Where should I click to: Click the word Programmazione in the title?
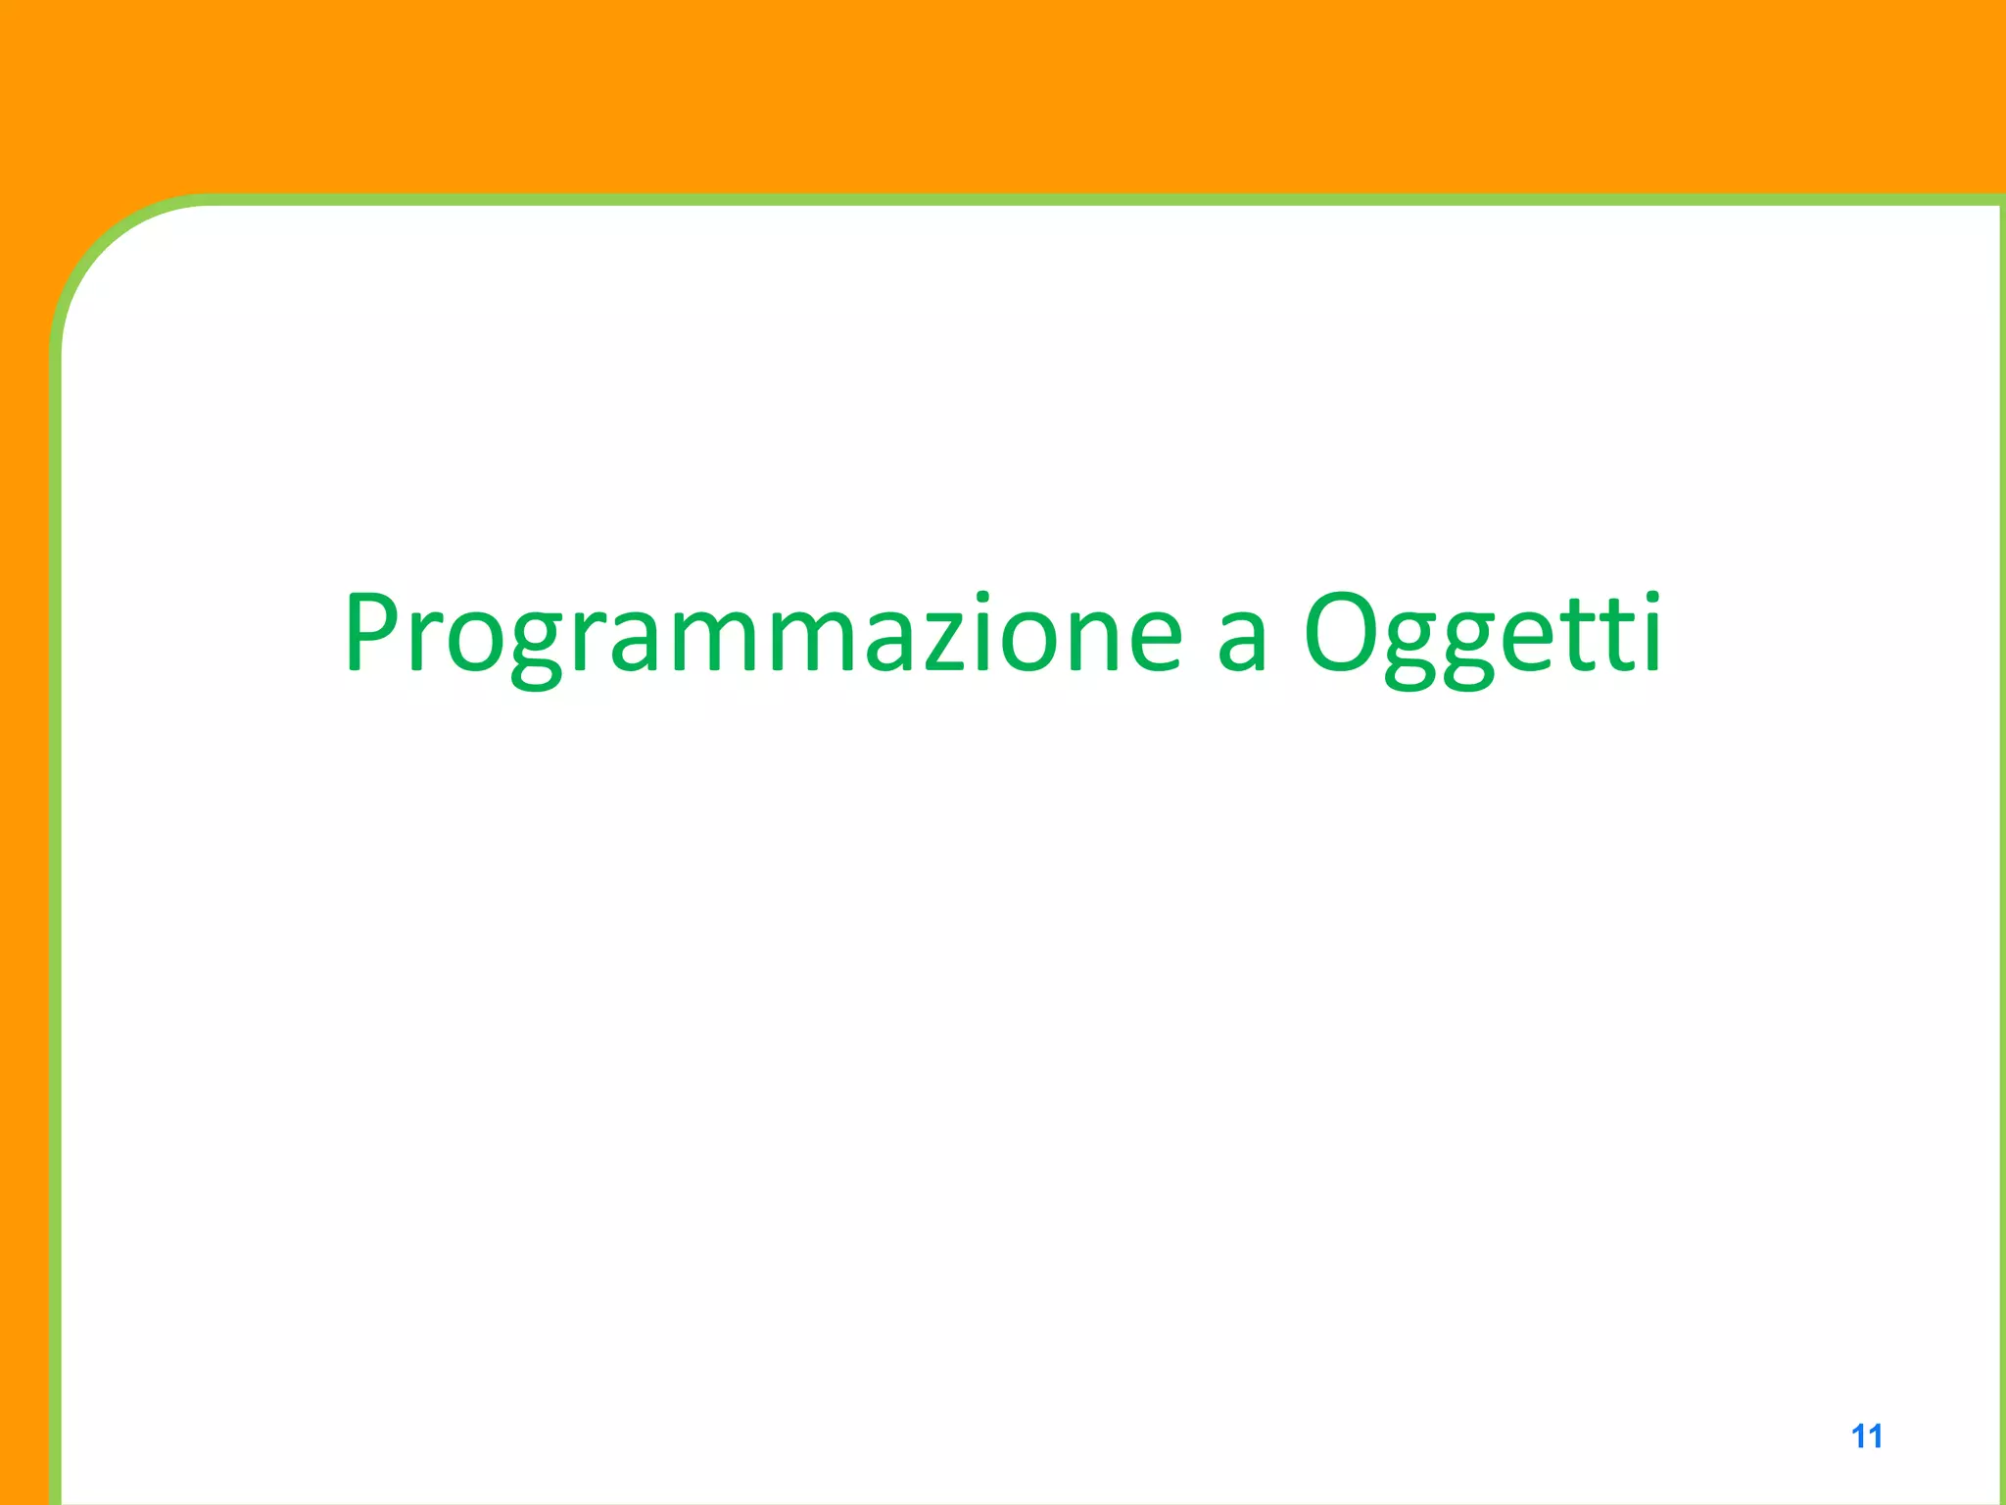(763, 635)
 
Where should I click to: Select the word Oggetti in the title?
(1482, 635)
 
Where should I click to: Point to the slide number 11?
(1866, 1436)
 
